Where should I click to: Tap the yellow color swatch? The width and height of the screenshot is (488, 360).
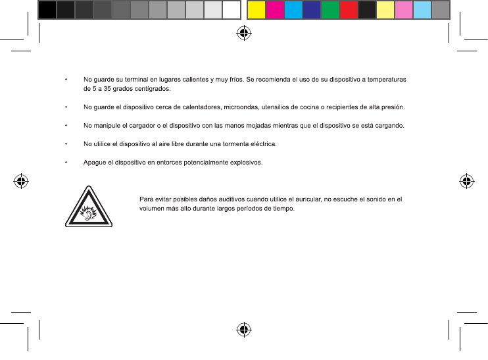coord(256,10)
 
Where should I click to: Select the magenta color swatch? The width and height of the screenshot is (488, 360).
coord(274,10)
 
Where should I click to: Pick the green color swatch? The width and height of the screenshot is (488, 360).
coord(329,10)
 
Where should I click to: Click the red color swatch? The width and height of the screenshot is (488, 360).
coord(348,10)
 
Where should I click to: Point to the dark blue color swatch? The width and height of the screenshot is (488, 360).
coord(311,10)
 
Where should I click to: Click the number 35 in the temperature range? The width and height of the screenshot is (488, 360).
coord(102,88)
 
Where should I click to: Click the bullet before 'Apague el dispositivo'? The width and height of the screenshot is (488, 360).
coord(66,163)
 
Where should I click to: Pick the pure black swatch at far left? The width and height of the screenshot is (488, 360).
coord(47,10)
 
